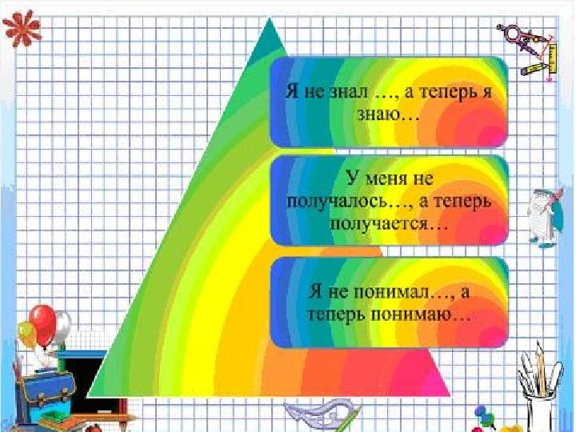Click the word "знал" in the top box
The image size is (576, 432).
point(348,92)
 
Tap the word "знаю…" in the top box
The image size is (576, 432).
point(388,114)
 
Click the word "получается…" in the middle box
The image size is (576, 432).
point(389,224)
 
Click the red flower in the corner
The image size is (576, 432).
point(22,28)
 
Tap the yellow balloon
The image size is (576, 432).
point(27,334)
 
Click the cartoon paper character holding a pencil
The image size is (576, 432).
point(545,218)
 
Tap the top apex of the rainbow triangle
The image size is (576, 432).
point(270,18)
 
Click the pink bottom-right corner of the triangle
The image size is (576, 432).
point(449,395)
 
